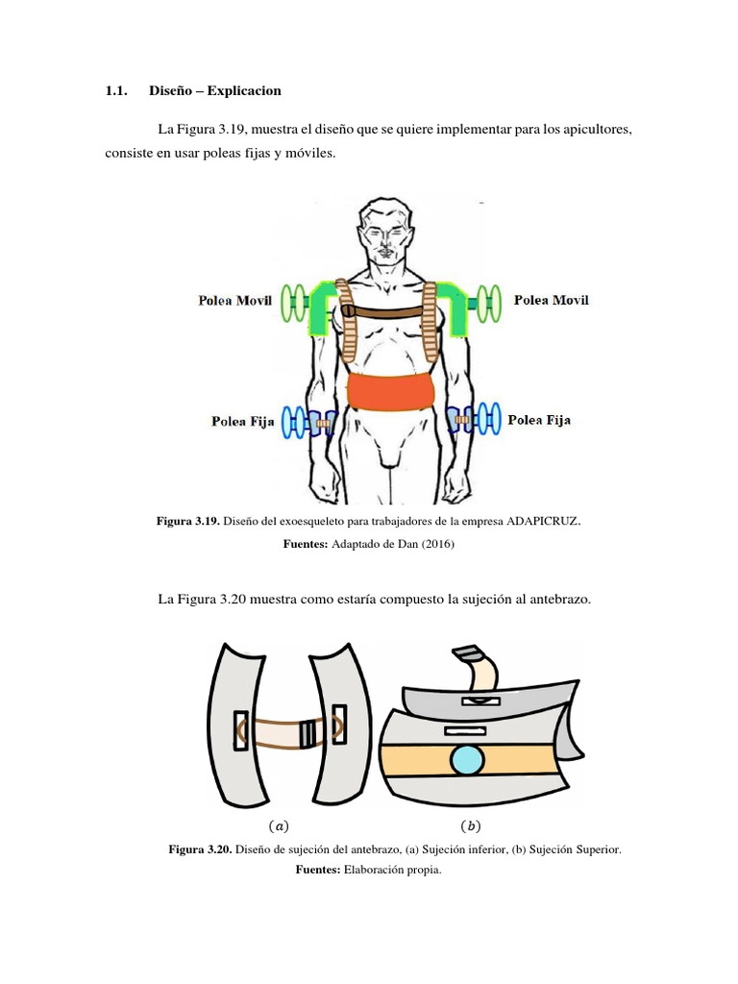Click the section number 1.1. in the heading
(116, 91)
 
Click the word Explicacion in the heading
(245, 91)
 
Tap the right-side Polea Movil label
(552, 300)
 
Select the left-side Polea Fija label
(243, 421)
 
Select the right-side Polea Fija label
(539, 420)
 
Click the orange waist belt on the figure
(390, 393)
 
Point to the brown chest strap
(389, 311)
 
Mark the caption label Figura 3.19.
(188, 521)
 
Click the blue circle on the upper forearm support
(467, 760)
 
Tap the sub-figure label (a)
(278, 824)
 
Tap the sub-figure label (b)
(470, 824)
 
